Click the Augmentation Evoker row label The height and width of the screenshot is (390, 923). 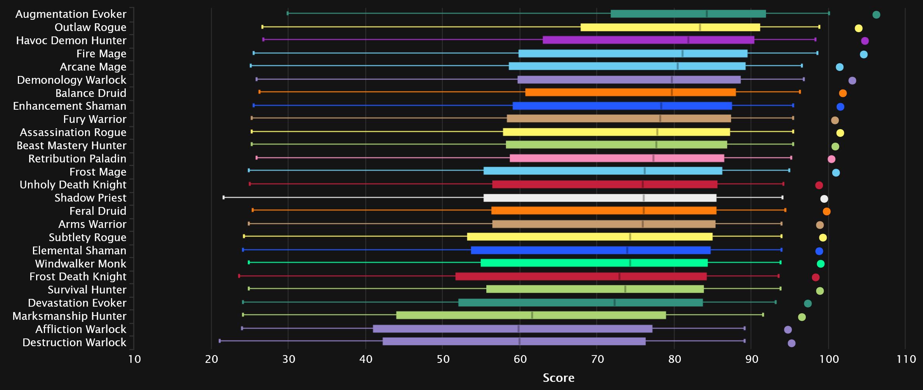pos(71,14)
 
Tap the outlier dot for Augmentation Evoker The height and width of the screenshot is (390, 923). pos(876,15)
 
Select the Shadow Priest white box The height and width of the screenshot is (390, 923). pos(600,198)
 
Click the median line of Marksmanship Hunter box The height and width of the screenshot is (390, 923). pos(532,315)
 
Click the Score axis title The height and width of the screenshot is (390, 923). pos(558,378)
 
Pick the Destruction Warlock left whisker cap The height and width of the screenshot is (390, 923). pos(220,341)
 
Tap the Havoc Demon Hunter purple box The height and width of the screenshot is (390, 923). pos(648,40)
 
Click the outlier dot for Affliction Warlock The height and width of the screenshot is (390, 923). pos(788,330)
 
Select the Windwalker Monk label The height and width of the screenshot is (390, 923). pos(81,264)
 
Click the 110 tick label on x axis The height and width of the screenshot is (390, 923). pos(906,359)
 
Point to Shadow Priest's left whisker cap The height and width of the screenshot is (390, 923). pos(224,198)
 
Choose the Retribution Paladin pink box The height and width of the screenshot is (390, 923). pos(617,158)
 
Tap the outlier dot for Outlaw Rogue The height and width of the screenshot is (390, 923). pos(859,28)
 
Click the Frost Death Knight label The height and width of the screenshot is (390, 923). pos(78,277)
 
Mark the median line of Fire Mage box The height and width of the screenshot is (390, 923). pos(682,53)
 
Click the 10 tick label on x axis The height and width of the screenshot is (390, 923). pos(135,359)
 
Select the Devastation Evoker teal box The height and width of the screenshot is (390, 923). pos(580,303)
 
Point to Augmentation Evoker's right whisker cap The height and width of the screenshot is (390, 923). pos(829,13)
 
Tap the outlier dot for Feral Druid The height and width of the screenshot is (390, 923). pos(827,211)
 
